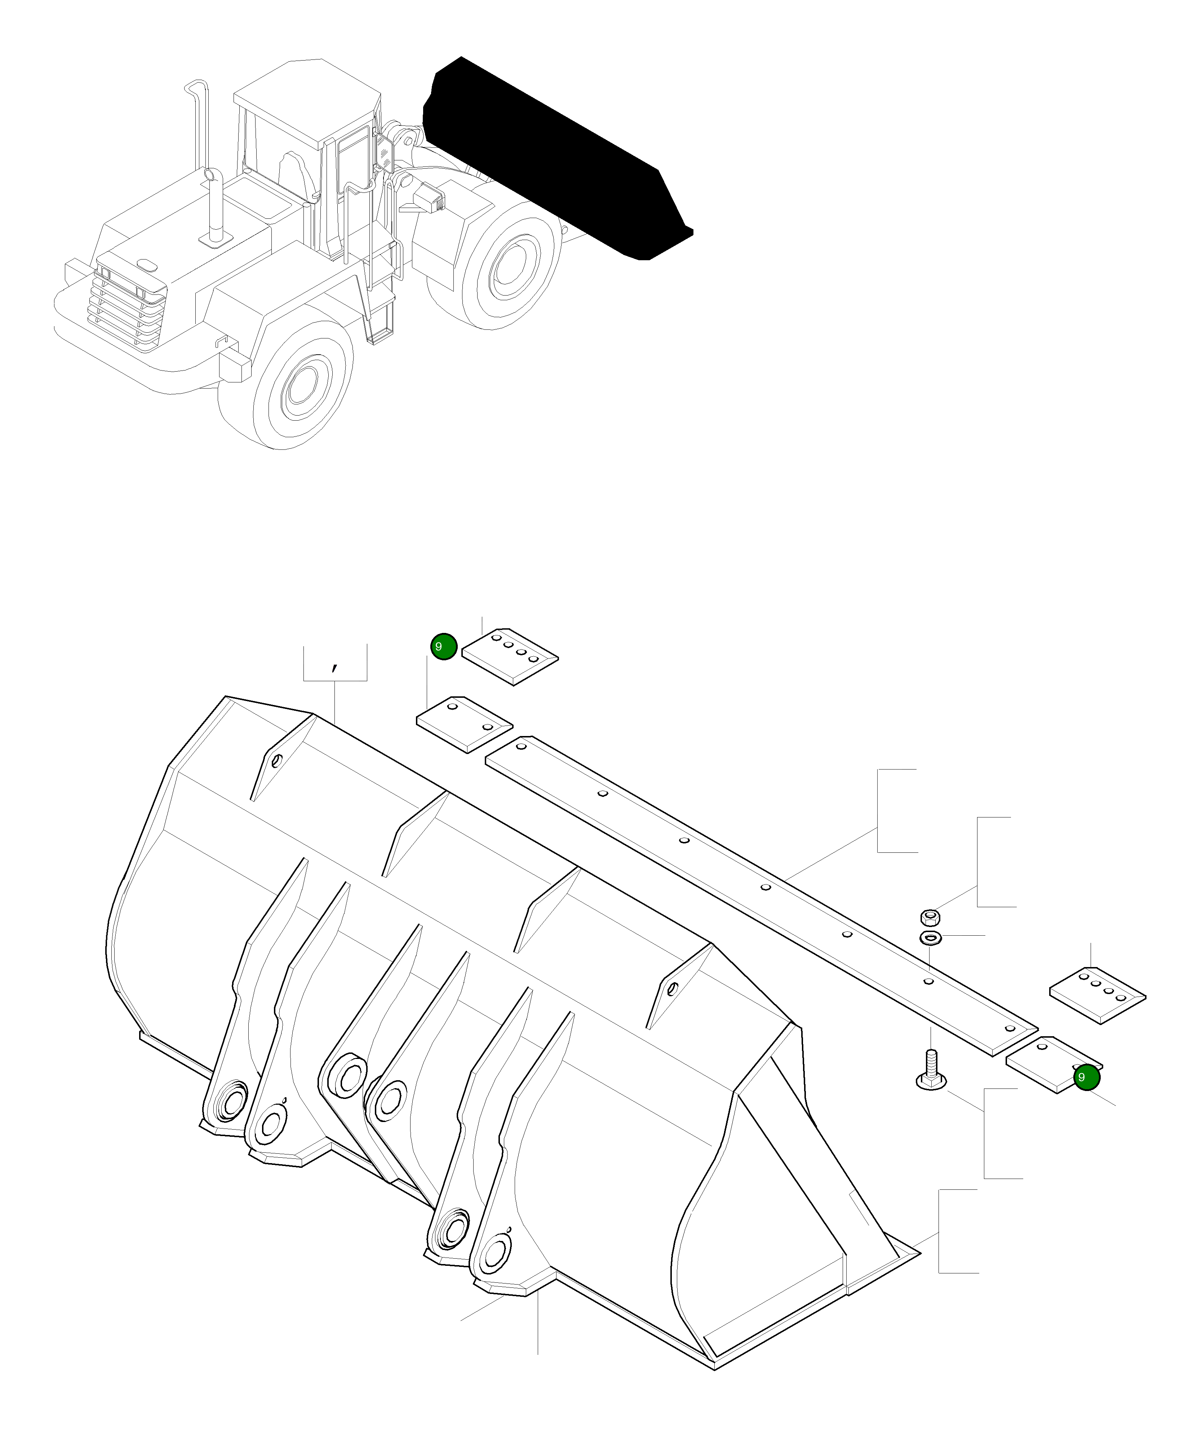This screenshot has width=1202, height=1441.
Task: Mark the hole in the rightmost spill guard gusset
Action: tap(672, 989)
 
